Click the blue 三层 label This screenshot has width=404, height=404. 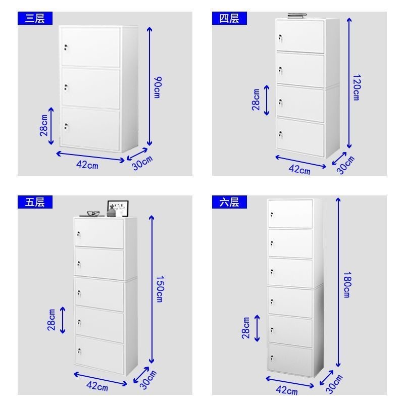[x=35, y=18]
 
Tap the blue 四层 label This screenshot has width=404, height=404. [x=229, y=18]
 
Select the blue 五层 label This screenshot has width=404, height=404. [x=35, y=202]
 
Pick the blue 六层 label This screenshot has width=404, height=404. [x=229, y=202]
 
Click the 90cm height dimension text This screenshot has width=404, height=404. [x=158, y=87]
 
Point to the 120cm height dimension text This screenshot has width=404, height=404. [x=357, y=87]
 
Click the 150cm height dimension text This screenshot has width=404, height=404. [x=160, y=289]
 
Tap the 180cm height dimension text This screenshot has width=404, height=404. [x=347, y=284]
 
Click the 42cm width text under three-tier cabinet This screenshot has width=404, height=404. [x=87, y=165]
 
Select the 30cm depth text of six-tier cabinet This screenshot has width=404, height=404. [x=334, y=384]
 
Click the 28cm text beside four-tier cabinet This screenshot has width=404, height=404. [x=256, y=99]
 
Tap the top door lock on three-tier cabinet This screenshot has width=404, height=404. [x=66, y=47]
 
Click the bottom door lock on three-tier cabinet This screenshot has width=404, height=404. [x=66, y=127]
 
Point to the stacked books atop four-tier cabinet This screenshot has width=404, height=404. [x=297, y=16]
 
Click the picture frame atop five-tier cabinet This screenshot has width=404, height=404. [x=118, y=209]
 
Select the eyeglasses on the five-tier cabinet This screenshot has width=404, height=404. [x=93, y=213]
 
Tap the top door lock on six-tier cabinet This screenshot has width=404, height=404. [x=272, y=214]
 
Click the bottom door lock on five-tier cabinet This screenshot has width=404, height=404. [x=79, y=351]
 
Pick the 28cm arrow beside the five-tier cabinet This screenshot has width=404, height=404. [x=63, y=320]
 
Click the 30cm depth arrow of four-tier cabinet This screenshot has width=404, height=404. [x=339, y=159]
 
